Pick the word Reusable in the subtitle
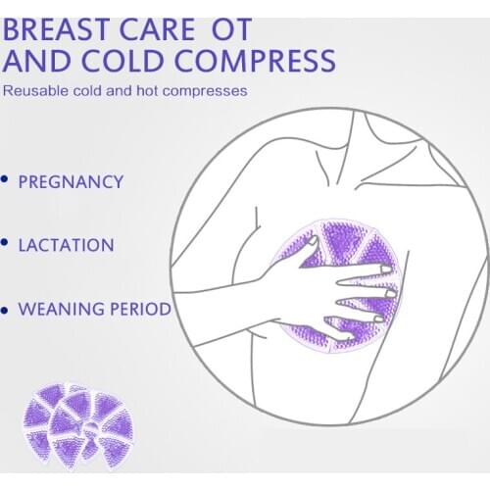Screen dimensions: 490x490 (x=32, y=93)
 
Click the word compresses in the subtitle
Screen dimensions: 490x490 (x=208, y=93)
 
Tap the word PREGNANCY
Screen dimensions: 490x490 (x=72, y=182)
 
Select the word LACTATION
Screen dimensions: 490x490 (x=66, y=245)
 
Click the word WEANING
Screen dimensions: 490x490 (x=58, y=310)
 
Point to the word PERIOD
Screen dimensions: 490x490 (x=136, y=310)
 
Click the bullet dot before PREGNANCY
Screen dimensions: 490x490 (x=6, y=179)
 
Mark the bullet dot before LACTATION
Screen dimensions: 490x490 (x=6, y=242)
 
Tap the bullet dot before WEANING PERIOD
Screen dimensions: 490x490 (x=6, y=309)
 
